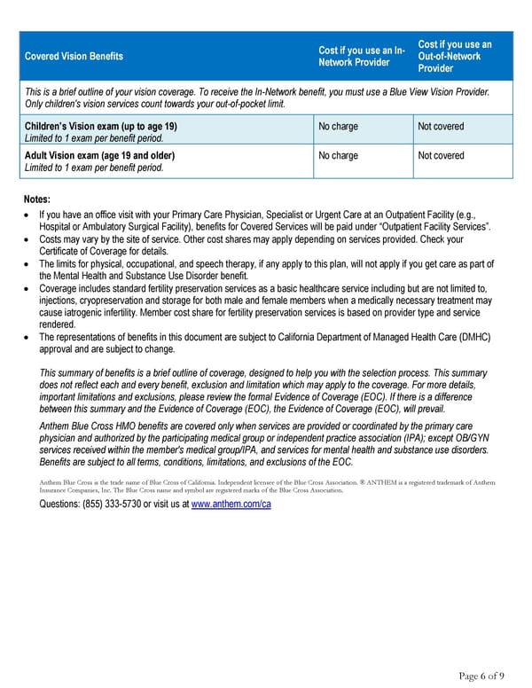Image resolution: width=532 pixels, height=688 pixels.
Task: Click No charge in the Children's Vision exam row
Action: pyautogui.click(x=338, y=127)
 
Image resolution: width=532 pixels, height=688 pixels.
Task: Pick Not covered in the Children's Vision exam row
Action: pyautogui.click(x=441, y=127)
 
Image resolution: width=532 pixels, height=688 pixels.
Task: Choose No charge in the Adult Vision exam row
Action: pyautogui.click(x=338, y=156)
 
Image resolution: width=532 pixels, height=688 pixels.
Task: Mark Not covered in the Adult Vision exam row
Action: pyautogui.click(x=441, y=156)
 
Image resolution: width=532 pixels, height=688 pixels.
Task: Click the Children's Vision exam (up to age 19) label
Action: pyautogui.click(x=100, y=127)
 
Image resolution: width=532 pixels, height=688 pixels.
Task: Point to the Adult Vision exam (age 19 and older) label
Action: pyautogui.click(x=99, y=156)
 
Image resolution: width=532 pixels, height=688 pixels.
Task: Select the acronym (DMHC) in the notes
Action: pyautogui.click(x=475, y=337)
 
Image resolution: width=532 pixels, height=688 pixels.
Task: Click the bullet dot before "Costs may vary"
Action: pyautogui.click(x=28, y=239)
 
